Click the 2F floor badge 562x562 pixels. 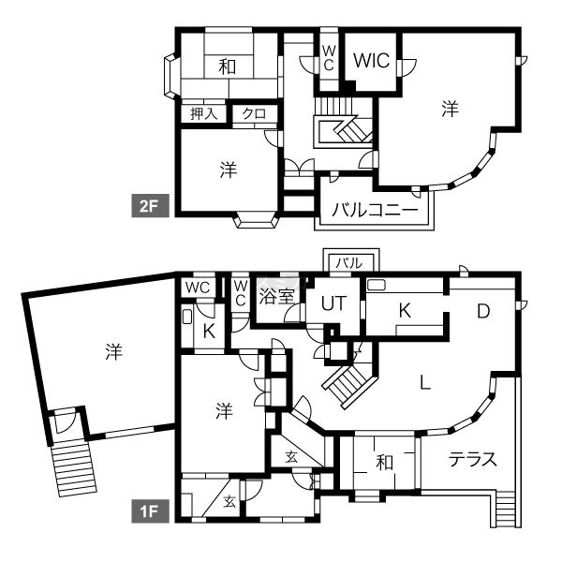pyautogui.click(x=150, y=205)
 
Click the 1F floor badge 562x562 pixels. pyautogui.click(x=150, y=510)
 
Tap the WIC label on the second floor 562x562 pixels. pyautogui.click(x=371, y=60)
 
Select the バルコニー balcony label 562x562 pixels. pyautogui.click(x=375, y=209)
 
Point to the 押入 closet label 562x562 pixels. pyautogui.click(x=204, y=113)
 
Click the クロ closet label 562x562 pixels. pyautogui.click(x=254, y=113)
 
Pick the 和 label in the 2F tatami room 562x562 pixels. pyautogui.click(x=228, y=67)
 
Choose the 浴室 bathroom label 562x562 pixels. pyautogui.click(x=276, y=296)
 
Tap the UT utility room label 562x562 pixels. pyautogui.click(x=334, y=303)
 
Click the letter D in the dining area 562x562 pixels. pyautogui.click(x=483, y=311)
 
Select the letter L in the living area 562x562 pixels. pyautogui.click(x=425, y=382)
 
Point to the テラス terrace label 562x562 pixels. pyautogui.click(x=473, y=459)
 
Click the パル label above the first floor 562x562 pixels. pyautogui.click(x=349, y=263)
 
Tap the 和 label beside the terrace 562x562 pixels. pyautogui.click(x=384, y=463)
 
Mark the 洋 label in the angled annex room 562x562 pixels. pyautogui.click(x=114, y=351)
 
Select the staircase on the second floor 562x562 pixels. pyautogui.click(x=343, y=122)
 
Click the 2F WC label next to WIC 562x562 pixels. pyautogui.click(x=329, y=58)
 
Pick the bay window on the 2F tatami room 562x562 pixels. pyautogui.click(x=171, y=75)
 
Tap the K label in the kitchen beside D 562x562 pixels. pyautogui.click(x=405, y=311)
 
